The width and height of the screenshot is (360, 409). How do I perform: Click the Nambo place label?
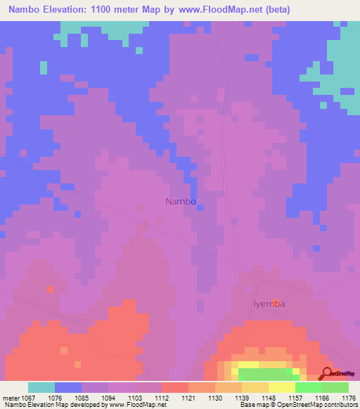pos(180,201)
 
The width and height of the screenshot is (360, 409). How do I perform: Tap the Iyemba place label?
pos(269,304)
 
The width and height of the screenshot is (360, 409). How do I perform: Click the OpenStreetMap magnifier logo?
pos(327,373)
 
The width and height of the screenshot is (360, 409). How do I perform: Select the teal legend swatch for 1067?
pos(41,387)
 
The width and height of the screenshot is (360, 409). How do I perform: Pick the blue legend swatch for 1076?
pos(68,387)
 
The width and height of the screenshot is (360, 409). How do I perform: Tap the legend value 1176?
pos(348,398)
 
